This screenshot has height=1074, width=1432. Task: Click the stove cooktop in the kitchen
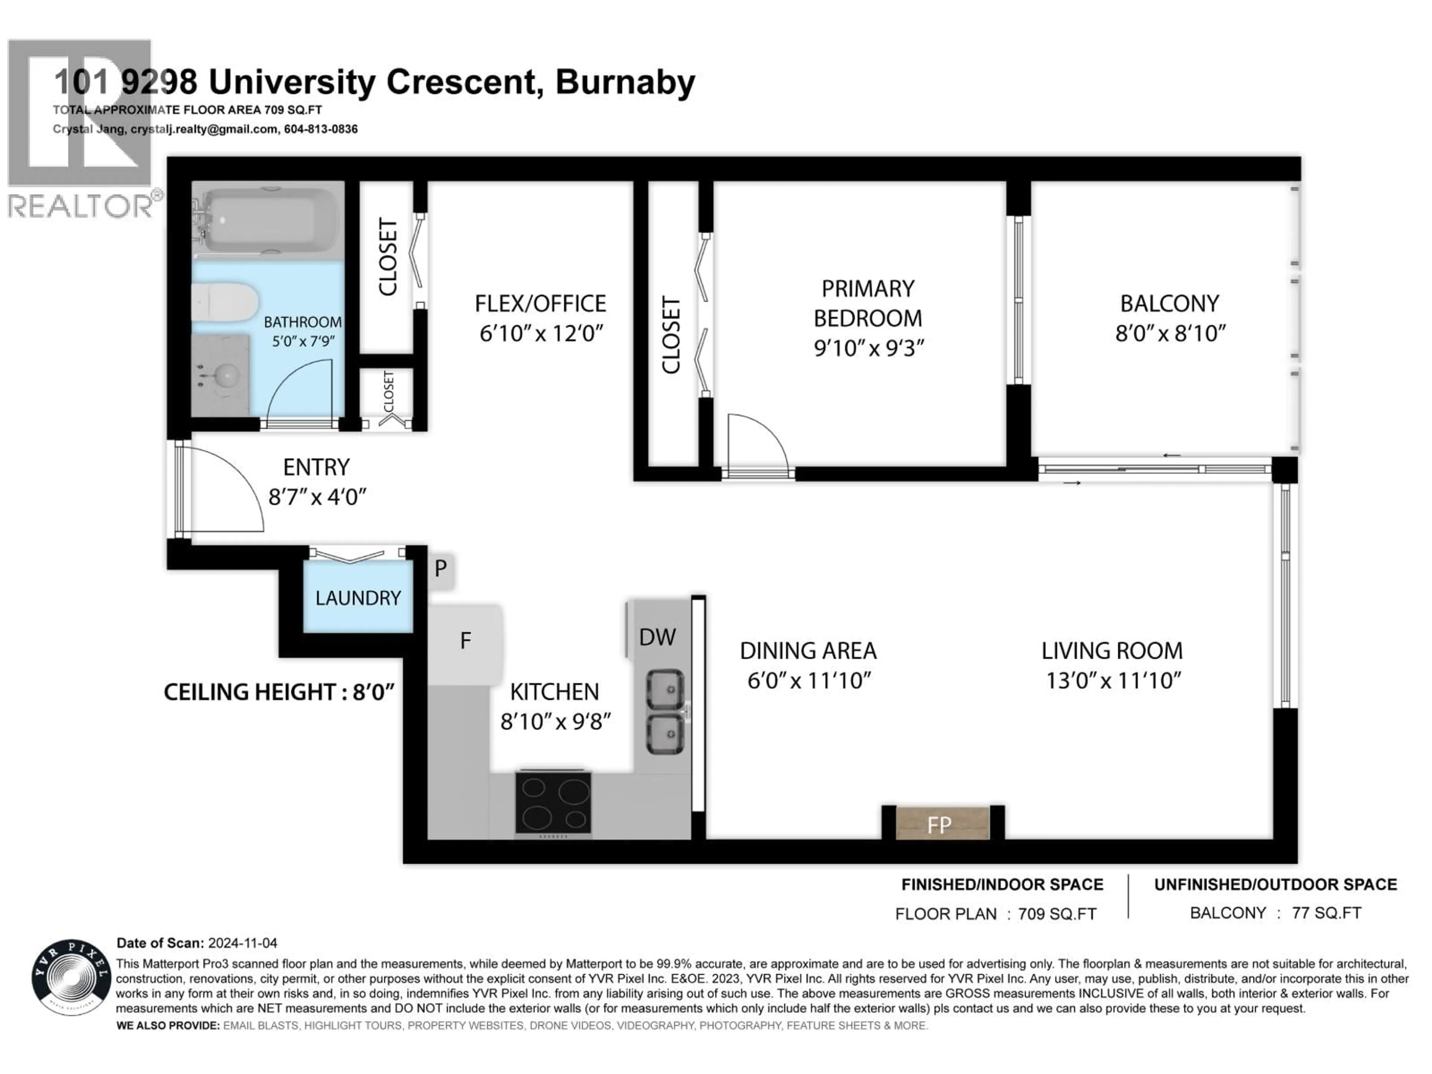(x=553, y=803)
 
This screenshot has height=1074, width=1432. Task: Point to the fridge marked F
(x=465, y=641)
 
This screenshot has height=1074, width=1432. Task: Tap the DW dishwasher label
(x=657, y=637)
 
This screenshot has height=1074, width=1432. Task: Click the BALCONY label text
(x=1170, y=304)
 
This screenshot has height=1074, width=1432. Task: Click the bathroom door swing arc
(x=301, y=389)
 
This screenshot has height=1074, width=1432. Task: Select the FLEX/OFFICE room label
(x=541, y=304)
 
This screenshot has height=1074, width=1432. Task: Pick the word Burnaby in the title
(x=625, y=82)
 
